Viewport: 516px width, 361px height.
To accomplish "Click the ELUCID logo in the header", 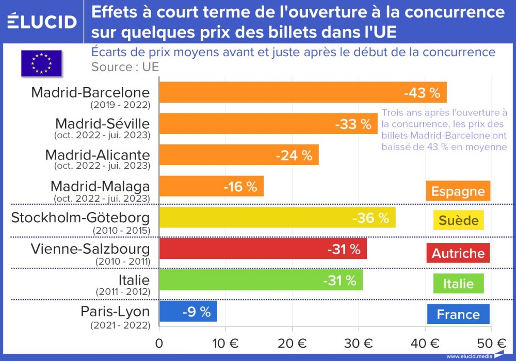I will pos(42,22).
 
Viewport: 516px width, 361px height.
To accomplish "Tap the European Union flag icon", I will pos(41,62).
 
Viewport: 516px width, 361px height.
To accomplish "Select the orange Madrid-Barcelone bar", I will pos(303,92).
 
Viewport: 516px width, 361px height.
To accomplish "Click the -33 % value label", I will pos(353,124).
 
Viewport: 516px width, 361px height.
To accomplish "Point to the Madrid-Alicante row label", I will pos(98,155).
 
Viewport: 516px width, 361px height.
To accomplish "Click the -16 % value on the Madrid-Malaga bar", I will pos(240,187).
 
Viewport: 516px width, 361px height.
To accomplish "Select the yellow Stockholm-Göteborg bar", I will pos(277,217).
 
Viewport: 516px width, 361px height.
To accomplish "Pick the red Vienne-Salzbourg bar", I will pos(263,249).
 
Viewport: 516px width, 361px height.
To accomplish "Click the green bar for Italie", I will pos(261,280).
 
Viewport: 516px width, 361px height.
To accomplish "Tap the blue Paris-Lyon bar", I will pos(188,311).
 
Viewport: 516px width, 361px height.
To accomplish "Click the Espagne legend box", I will pos(458,191).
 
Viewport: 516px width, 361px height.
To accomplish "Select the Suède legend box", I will pos(458,221).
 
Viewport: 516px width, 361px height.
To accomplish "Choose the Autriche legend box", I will pos(458,253).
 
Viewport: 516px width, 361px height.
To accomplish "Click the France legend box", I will pos(458,314).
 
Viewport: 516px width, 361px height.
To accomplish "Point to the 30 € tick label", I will pos(359,342).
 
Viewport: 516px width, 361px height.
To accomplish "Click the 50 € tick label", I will pos(492,342).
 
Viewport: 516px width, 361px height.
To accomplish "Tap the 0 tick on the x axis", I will pos(159,342).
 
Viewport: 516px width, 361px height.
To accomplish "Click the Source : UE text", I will pos(125,67).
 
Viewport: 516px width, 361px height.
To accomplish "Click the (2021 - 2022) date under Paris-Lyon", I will pos(120,325).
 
